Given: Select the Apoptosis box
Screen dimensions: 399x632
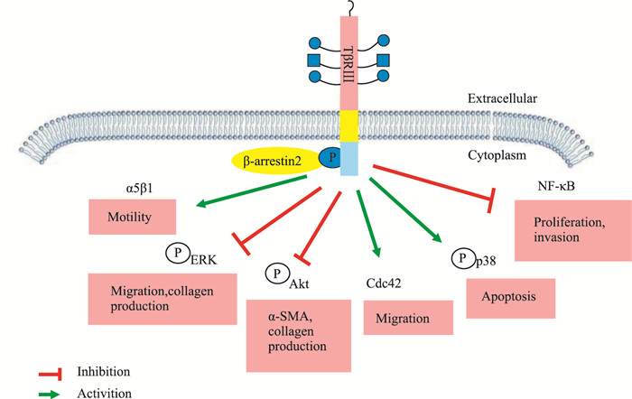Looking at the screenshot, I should (508, 298).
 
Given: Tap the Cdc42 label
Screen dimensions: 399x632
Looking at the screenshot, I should (384, 283).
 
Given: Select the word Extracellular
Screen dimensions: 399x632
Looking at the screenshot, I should (503, 97).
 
